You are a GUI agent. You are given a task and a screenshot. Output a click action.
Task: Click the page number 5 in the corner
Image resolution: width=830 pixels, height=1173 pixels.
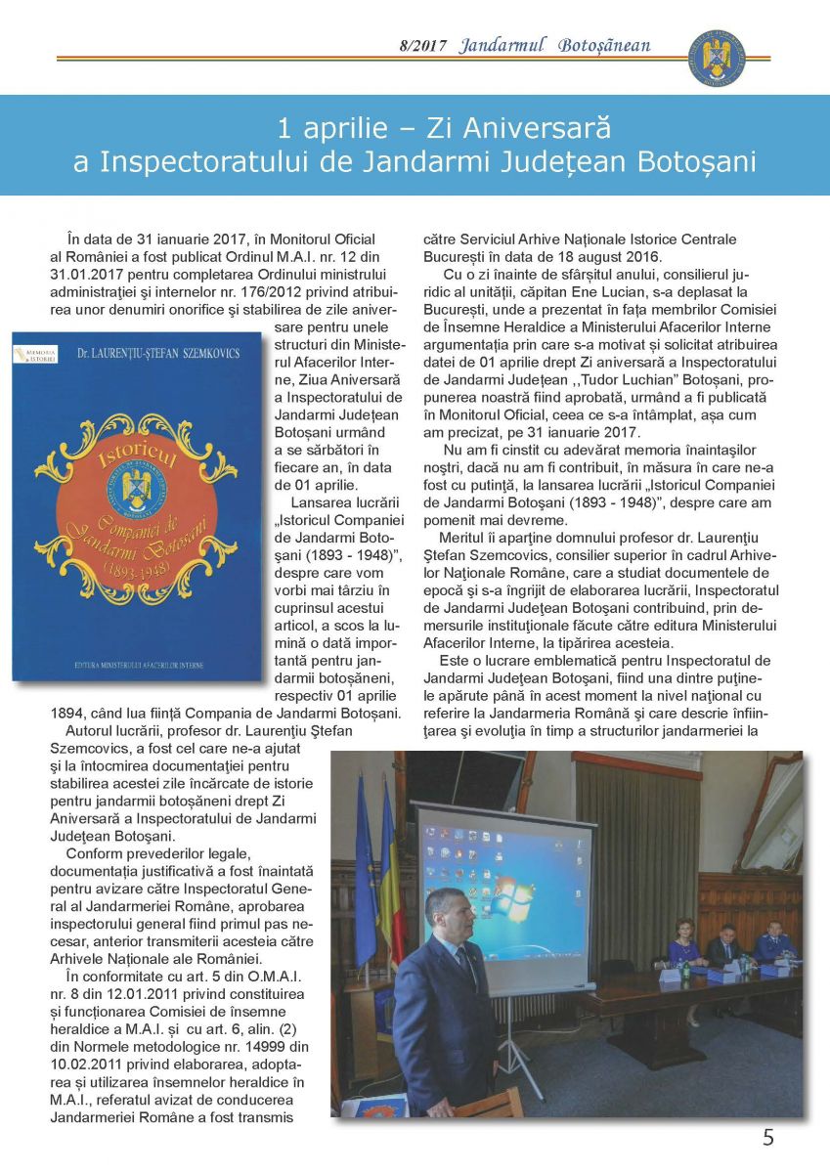(x=767, y=1137)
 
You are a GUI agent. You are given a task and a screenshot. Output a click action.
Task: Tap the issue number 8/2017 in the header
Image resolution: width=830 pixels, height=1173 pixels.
(x=422, y=46)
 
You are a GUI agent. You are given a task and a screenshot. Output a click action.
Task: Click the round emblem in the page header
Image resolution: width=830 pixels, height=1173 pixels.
(x=717, y=57)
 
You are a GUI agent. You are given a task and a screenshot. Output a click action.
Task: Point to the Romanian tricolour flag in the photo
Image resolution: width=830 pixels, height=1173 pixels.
(x=390, y=870)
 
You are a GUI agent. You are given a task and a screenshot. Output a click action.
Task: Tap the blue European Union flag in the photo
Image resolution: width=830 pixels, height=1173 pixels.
(x=367, y=870)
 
